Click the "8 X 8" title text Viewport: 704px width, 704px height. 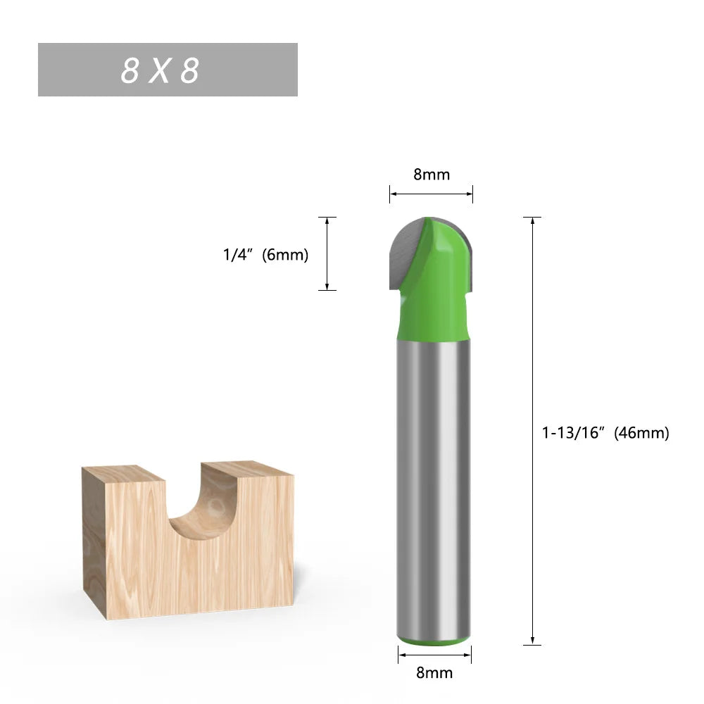coord(161,70)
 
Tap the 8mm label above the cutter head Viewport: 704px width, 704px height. coord(431,175)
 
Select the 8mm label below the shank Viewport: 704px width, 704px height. coord(434,672)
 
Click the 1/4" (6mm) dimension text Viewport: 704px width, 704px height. coord(265,255)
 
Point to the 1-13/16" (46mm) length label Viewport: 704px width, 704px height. coord(605,433)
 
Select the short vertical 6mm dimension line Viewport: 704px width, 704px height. coord(327,253)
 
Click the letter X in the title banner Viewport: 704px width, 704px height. coord(160,70)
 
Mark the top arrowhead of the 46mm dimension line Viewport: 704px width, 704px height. coord(533,221)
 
